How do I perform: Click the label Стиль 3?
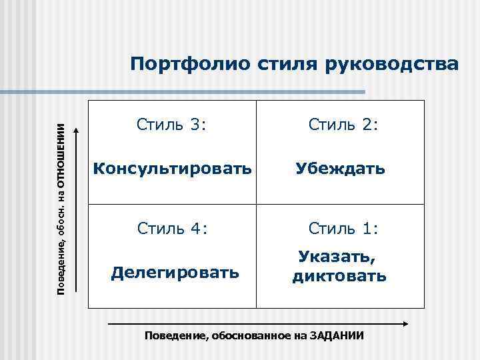[x=172, y=124]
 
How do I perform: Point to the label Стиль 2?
[x=343, y=124]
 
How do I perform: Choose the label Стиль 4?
[x=172, y=229]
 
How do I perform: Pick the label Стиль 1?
[x=343, y=229]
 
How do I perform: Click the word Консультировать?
[x=172, y=169]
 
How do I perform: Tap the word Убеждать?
[x=341, y=169]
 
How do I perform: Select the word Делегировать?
[x=175, y=272]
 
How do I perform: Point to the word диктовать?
[x=339, y=276]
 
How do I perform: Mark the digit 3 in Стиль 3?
[x=193, y=124]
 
